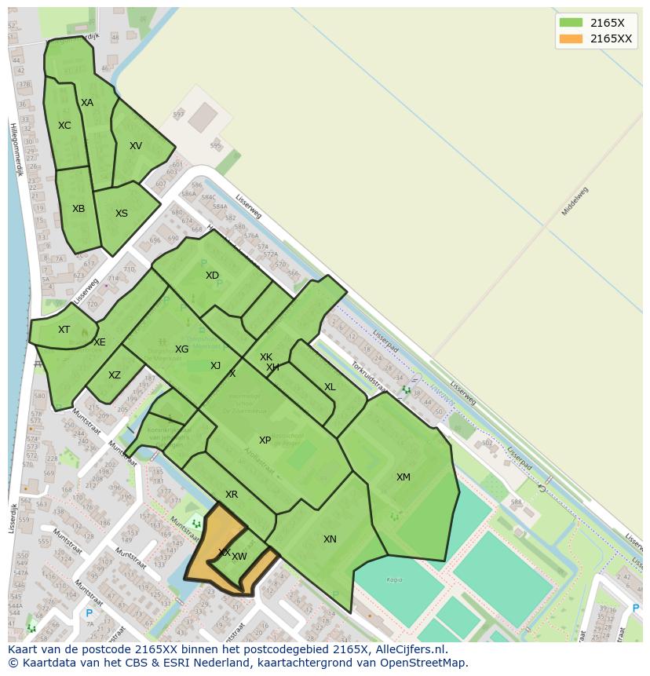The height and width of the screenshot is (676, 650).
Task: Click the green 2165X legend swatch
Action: (571, 23)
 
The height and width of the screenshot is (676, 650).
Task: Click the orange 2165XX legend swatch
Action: (571, 38)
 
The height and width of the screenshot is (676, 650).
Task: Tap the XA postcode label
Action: (87, 103)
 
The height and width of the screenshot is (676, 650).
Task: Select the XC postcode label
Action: (64, 126)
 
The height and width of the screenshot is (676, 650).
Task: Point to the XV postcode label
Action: (136, 146)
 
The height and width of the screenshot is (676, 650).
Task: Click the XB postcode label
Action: (79, 209)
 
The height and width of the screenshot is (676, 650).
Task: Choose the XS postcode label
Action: (122, 214)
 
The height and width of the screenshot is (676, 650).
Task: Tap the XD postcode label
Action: (212, 276)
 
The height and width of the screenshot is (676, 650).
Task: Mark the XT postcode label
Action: (64, 330)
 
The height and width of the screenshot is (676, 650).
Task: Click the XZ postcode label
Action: (115, 375)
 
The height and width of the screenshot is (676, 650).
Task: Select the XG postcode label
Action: (181, 349)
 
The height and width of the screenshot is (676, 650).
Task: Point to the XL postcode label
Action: (330, 387)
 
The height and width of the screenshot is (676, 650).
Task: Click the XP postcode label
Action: (265, 440)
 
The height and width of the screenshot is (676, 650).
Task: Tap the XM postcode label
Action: (403, 477)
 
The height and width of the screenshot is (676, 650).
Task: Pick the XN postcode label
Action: (330, 539)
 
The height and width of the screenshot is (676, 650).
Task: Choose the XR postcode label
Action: (232, 495)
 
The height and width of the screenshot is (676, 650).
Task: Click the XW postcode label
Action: (239, 557)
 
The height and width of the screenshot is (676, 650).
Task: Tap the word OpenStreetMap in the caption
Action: (427, 663)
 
